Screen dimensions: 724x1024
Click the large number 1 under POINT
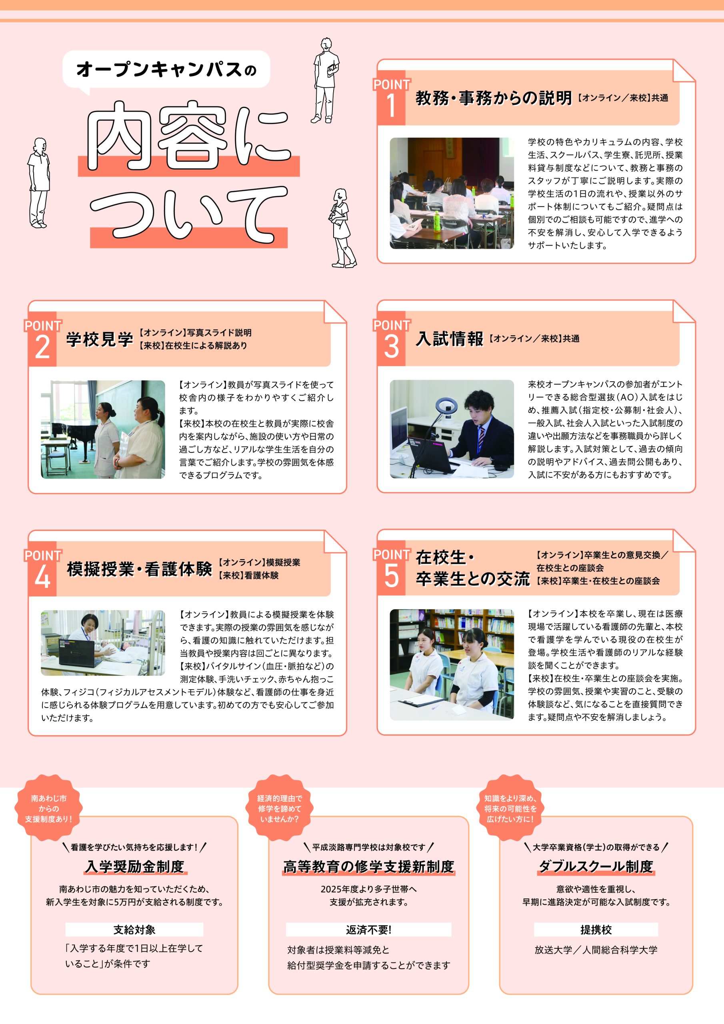click(391, 106)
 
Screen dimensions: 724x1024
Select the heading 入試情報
click(449, 338)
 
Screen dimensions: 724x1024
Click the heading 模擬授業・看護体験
click(139, 569)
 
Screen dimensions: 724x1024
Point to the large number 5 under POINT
click(391, 575)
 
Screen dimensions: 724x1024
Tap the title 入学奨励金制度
click(134, 866)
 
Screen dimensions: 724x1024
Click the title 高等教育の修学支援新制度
click(368, 866)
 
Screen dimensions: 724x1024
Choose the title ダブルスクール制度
click(596, 866)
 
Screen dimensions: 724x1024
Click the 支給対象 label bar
click(134, 930)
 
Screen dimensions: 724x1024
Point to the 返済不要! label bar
click(368, 930)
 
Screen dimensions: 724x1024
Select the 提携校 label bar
click(596, 930)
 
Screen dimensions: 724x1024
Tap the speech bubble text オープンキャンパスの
click(166, 70)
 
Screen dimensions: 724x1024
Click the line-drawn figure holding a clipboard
click(326, 80)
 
